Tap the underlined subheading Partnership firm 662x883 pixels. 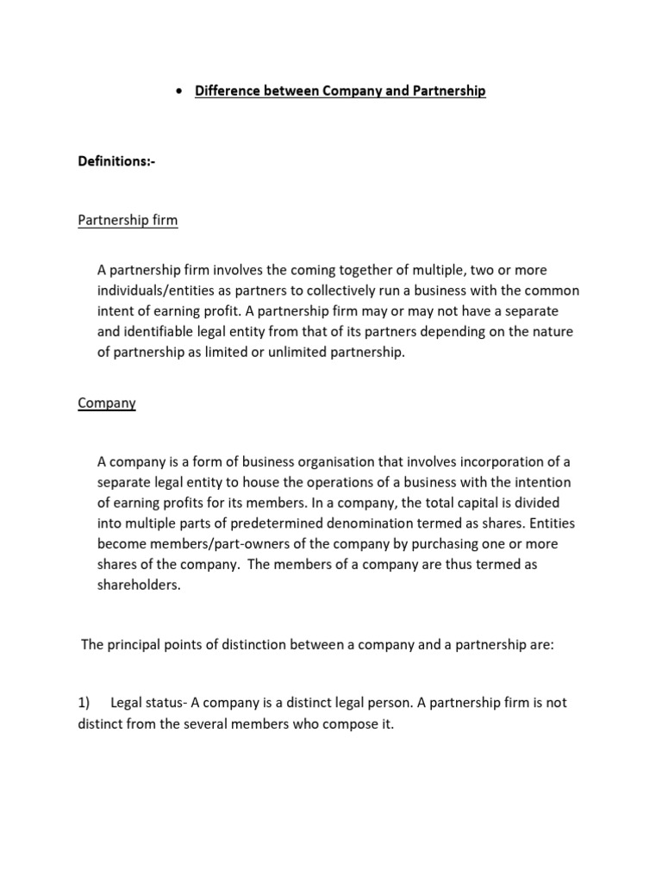[128, 220]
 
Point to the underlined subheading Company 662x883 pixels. [107, 403]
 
